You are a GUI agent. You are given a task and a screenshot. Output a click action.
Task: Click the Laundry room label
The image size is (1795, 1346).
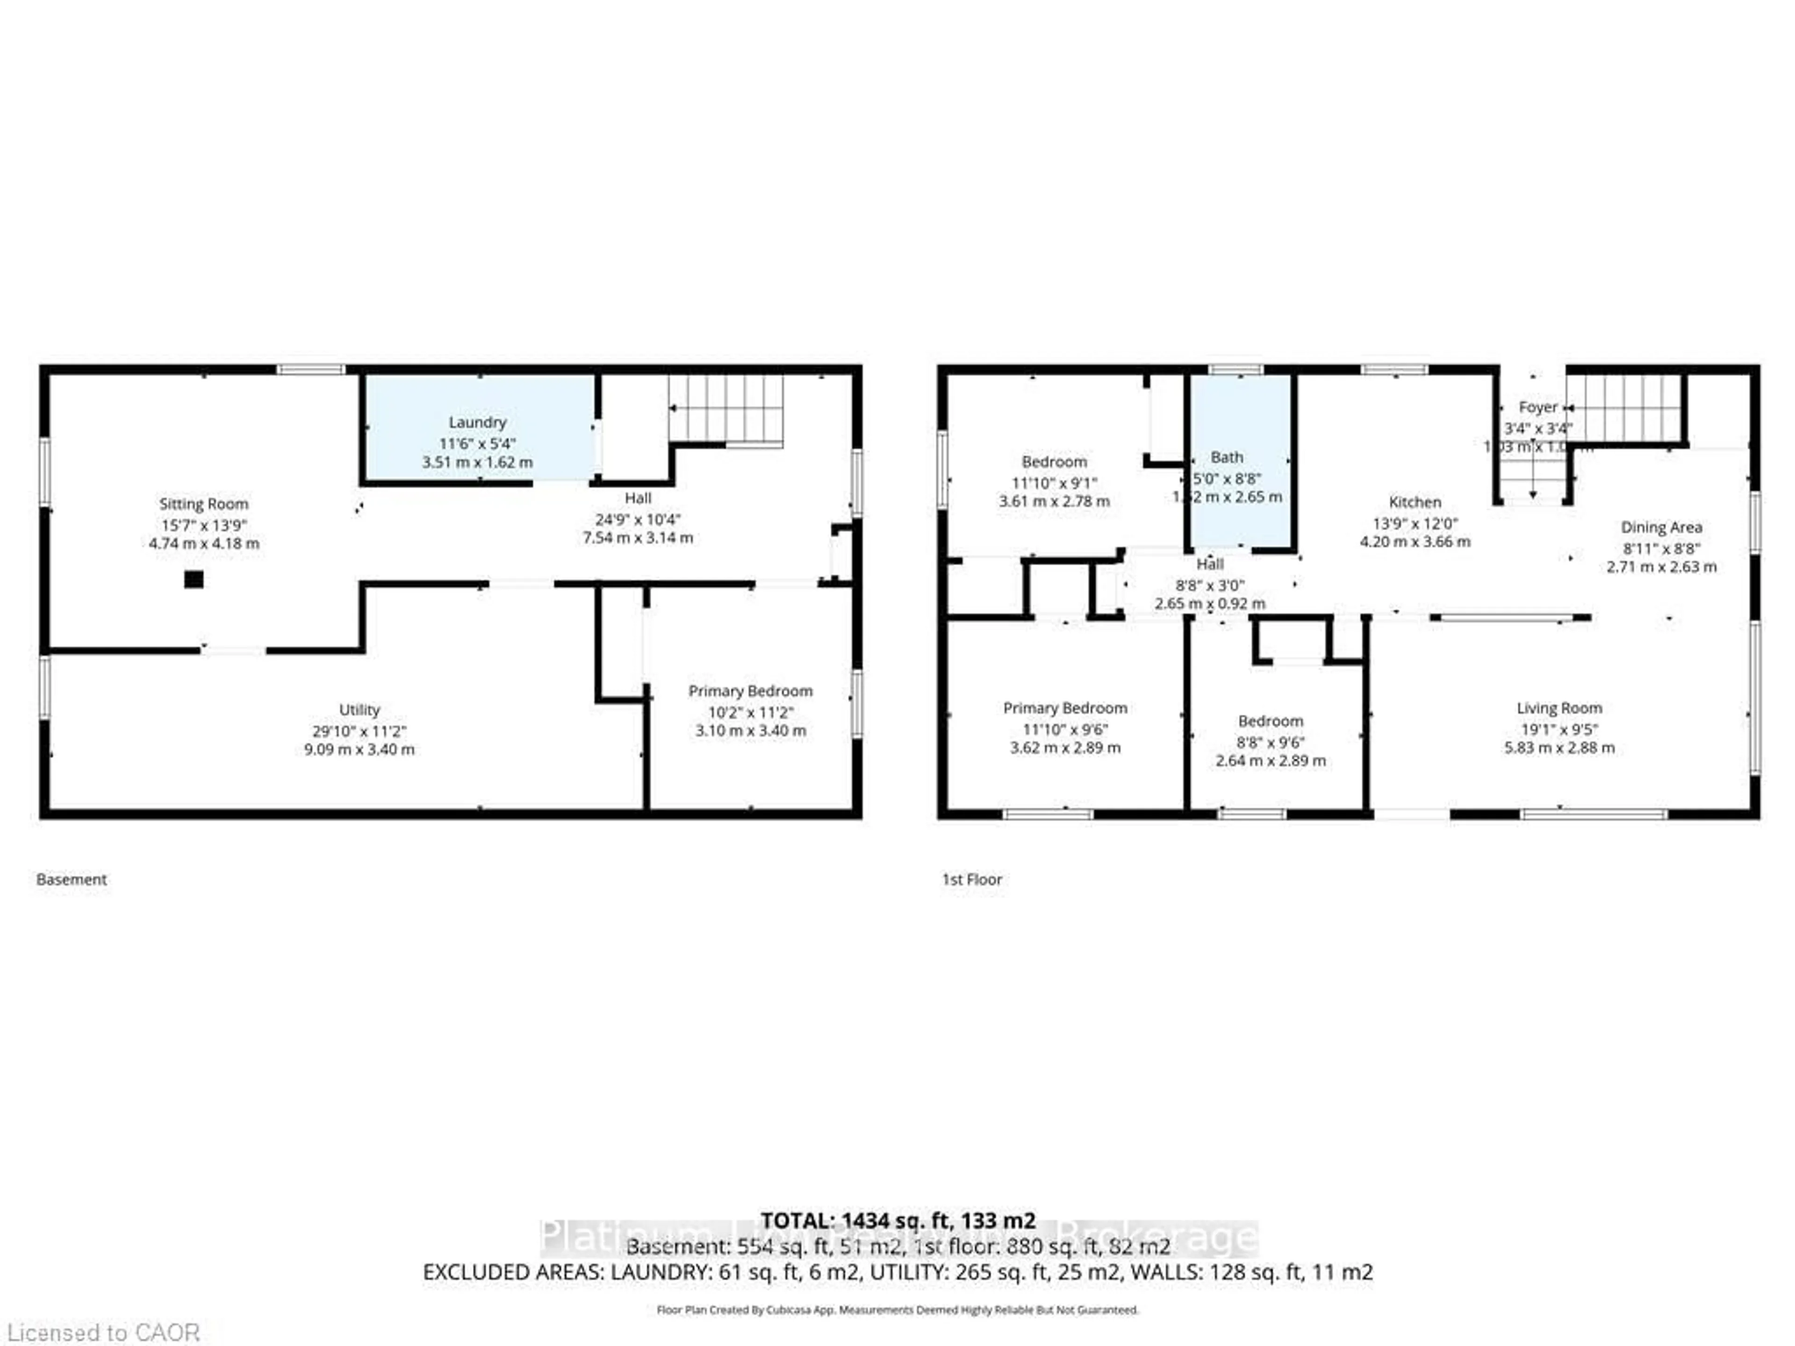click(477, 422)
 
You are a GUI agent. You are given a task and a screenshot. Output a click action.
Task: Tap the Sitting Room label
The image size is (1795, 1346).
click(204, 504)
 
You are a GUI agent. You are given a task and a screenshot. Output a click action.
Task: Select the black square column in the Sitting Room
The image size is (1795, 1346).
click(193, 579)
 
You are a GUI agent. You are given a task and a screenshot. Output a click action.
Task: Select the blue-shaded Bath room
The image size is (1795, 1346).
click(1240, 463)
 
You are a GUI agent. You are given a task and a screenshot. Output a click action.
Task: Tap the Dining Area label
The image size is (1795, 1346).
click(1661, 527)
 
